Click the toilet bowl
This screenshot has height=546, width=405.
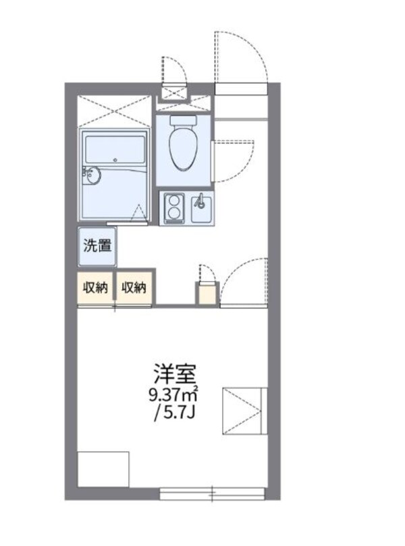(183, 150)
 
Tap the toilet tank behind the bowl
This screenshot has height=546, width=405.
(183, 121)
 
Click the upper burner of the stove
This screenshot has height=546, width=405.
(175, 201)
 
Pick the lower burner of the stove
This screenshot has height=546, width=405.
(175, 216)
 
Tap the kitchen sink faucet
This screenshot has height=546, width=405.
(200, 202)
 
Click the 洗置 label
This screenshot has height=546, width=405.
(97, 245)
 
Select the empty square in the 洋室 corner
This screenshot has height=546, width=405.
(103, 469)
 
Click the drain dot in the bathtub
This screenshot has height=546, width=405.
(115, 160)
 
